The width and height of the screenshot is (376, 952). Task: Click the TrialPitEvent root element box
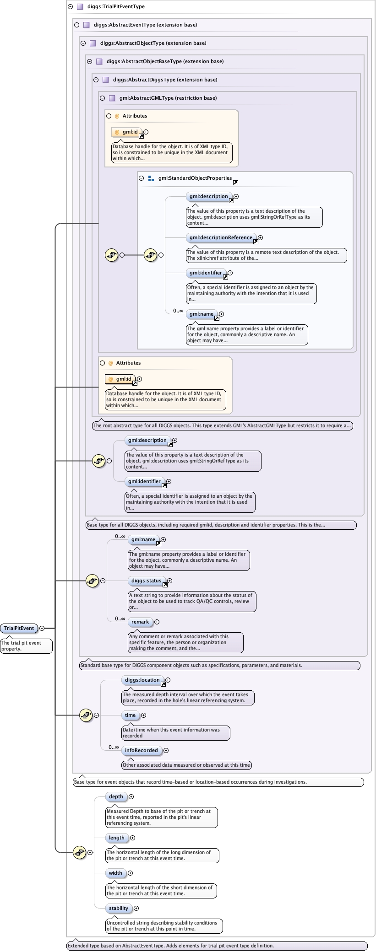19,628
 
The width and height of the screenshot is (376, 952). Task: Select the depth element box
116,796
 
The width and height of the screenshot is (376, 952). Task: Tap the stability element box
119,908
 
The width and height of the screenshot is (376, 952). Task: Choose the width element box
115,873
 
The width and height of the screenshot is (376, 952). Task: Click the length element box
117,838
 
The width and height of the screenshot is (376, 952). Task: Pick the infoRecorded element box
142,750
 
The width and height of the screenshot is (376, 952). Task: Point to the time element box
131,715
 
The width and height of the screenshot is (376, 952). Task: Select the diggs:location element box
142,680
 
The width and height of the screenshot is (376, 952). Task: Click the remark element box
140,622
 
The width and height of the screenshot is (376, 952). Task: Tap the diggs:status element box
146,581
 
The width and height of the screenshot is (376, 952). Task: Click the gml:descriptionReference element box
221,237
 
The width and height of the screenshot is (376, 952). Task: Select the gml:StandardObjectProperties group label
195,178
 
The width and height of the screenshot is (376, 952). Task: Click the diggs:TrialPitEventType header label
116,6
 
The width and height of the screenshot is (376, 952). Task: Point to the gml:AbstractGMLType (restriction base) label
168,98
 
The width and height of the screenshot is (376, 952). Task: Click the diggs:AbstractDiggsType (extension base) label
165,80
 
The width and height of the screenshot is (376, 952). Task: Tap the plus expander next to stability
136,908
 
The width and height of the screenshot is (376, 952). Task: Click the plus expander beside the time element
143,715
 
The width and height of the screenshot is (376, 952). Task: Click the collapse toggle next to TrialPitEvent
42,628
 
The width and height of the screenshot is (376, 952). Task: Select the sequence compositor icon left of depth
80,852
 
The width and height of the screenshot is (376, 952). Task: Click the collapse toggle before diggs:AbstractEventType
76,25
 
